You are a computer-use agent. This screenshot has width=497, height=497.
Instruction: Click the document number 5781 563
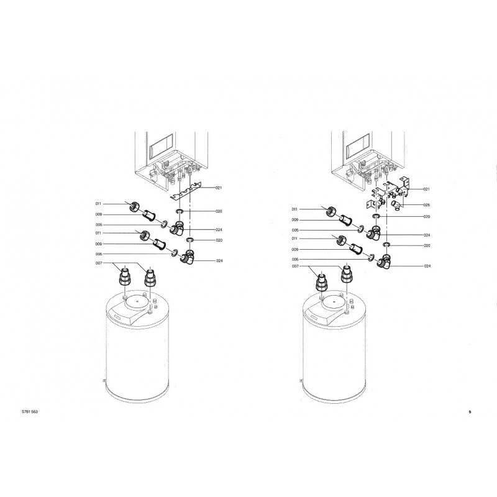[30, 412]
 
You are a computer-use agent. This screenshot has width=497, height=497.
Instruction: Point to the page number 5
[470, 412]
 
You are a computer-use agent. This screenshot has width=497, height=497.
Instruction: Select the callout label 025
[427, 205]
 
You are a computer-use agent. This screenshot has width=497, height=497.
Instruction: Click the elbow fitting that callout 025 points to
[396, 206]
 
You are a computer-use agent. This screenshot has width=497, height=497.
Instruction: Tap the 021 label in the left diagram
[219, 188]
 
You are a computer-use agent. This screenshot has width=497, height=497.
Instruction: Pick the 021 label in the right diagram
[427, 189]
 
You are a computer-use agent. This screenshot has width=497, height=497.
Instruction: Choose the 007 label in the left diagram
[99, 263]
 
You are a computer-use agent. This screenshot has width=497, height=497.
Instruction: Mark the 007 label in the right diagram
[295, 267]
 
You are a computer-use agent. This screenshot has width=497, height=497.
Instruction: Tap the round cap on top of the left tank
[137, 302]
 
